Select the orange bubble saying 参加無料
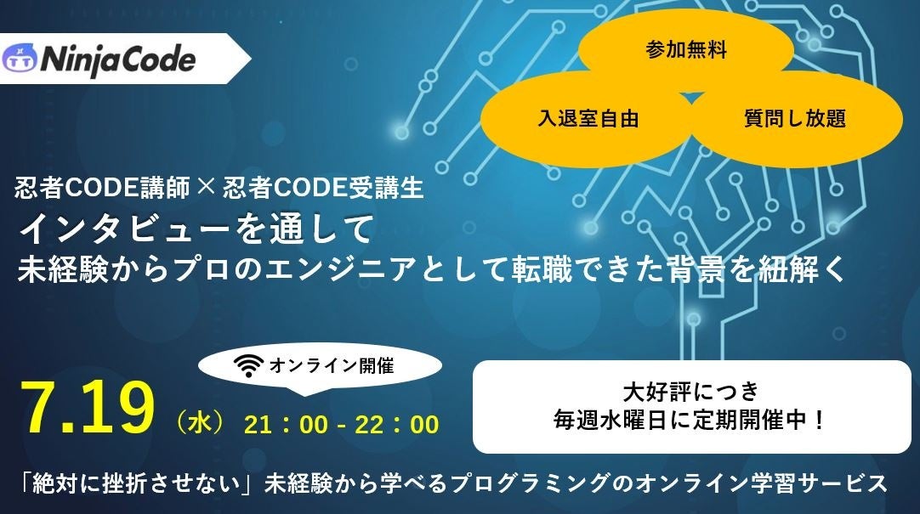pos(686,50)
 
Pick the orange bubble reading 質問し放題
pos(794,119)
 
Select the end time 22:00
pos(398,424)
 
